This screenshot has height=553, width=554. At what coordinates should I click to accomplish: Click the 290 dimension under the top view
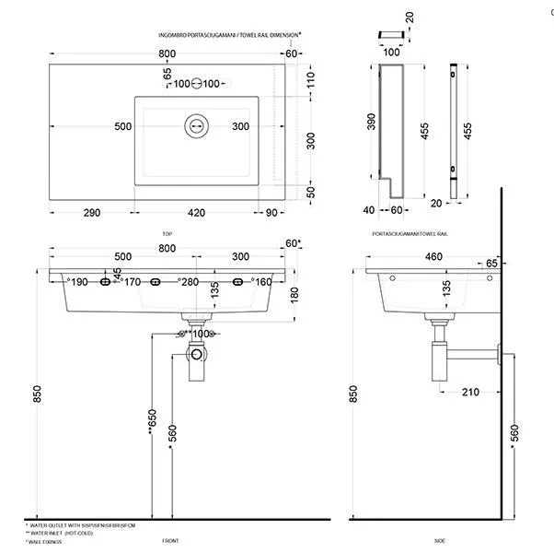tap(91, 213)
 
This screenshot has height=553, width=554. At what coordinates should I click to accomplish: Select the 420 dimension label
tap(197, 213)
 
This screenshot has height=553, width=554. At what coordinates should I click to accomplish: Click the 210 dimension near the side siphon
tap(470, 391)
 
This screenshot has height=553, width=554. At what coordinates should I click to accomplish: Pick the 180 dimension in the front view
tap(293, 294)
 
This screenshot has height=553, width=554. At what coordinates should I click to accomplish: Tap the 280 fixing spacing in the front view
tap(190, 282)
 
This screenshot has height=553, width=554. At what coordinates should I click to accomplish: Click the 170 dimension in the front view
tap(133, 282)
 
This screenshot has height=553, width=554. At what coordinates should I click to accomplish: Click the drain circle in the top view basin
tap(196, 125)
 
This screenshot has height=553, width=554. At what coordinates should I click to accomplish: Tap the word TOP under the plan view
tap(167, 234)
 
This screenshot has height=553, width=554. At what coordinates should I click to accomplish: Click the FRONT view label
tap(169, 541)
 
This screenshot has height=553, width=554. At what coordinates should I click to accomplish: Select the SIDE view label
tap(439, 541)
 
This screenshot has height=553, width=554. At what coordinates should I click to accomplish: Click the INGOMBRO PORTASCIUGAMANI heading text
tap(199, 33)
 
